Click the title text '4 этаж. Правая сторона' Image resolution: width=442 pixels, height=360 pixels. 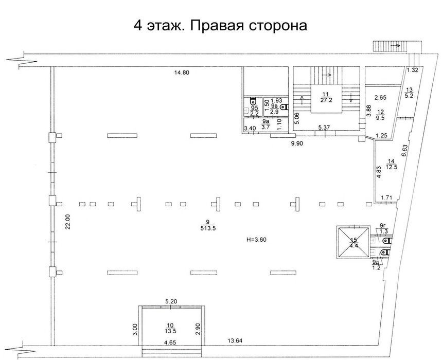click(x=220, y=26)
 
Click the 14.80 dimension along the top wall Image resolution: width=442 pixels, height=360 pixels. click(x=182, y=73)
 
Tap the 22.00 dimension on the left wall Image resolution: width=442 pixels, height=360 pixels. click(x=68, y=222)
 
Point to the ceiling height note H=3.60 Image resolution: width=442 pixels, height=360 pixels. click(x=256, y=240)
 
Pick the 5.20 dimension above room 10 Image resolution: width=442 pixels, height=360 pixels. click(x=171, y=301)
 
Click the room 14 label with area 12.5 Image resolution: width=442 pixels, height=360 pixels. click(x=391, y=164)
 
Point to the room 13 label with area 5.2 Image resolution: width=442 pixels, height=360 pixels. click(x=409, y=93)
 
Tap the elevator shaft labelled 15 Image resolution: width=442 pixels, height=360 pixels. click(x=353, y=242)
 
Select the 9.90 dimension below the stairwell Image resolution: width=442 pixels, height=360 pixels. click(x=297, y=143)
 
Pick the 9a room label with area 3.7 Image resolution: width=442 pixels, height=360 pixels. click(x=266, y=124)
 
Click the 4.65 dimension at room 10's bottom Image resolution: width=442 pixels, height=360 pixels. click(x=171, y=343)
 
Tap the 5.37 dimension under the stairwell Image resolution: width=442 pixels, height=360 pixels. click(x=324, y=128)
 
